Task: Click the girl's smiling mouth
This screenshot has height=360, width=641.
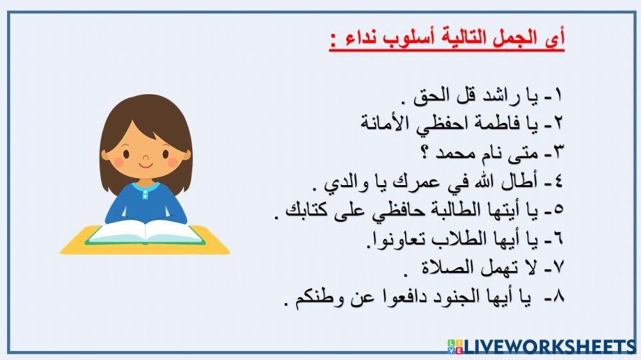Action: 147,164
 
